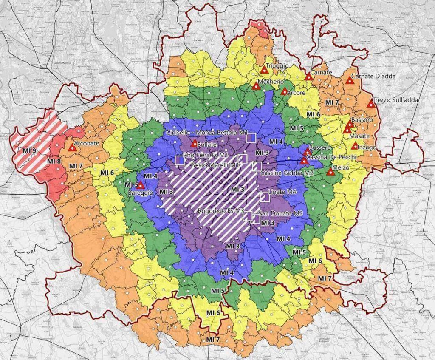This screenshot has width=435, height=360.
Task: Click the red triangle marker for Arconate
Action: click(x=73, y=148)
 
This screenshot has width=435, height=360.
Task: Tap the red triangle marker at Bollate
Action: click(x=195, y=143)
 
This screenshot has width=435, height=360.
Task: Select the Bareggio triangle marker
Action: click(x=141, y=185)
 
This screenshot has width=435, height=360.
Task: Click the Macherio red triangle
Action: click(x=256, y=86)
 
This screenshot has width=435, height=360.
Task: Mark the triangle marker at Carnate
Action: click(x=309, y=77)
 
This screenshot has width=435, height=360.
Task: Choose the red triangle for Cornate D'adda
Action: click(x=350, y=80)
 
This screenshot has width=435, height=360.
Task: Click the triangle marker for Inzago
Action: click(x=355, y=146)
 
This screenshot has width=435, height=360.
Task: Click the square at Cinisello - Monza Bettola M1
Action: click(x=251, y=137)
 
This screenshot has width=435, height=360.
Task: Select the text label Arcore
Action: click(x=296, y=91)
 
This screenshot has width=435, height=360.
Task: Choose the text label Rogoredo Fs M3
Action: click(x=221, y=211)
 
